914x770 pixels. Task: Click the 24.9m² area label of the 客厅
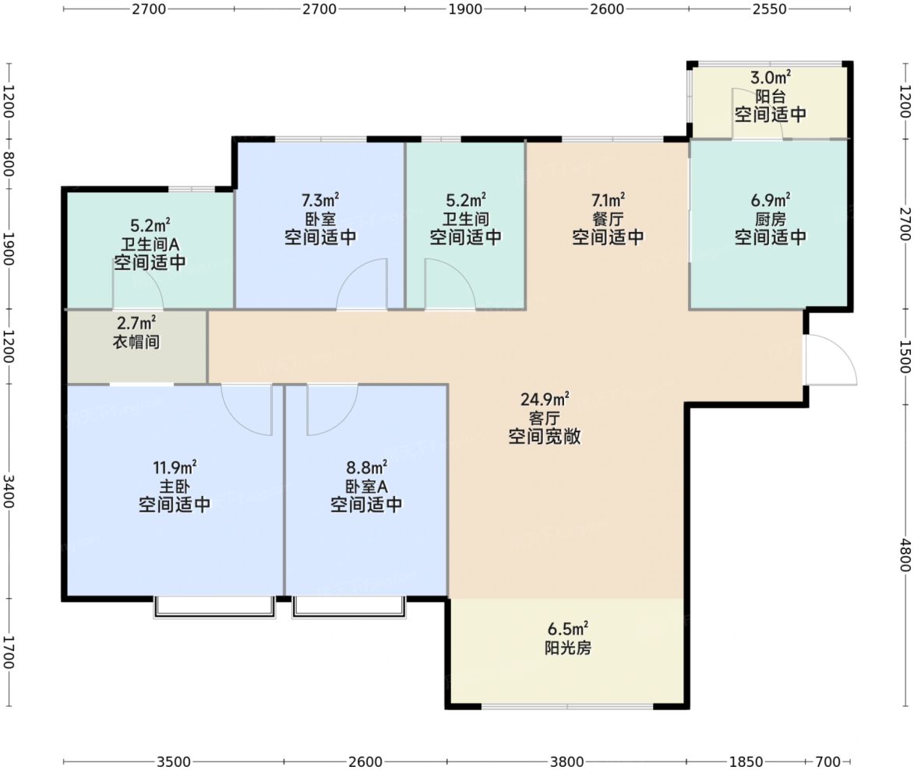(x=545, y=399)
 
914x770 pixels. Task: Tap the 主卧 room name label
(x=175, y=487)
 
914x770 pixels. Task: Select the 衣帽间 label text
(x=136, y=341)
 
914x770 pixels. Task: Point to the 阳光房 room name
(x=568, y=648)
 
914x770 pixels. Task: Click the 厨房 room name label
(x=770, y=219)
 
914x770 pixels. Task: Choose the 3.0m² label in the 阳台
(x=770, y=77)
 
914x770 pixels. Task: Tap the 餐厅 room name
(x=608, y=219)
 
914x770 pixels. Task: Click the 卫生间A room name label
(x=150, y=244)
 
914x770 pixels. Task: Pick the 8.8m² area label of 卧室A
(x=367, y=468)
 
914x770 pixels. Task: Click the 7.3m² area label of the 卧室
(x=320, y=200)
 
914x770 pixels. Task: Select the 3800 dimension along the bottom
(x=566, y=761)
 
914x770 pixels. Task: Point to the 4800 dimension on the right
(x=904, y=554)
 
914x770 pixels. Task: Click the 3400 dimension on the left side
(x=8, y=491)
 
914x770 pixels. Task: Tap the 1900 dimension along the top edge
(x=465, y=9)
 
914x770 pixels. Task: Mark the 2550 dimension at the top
(x=769, y=9)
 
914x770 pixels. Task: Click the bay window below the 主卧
(x=214, y=607)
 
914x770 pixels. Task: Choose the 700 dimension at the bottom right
(x=828, y=761)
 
